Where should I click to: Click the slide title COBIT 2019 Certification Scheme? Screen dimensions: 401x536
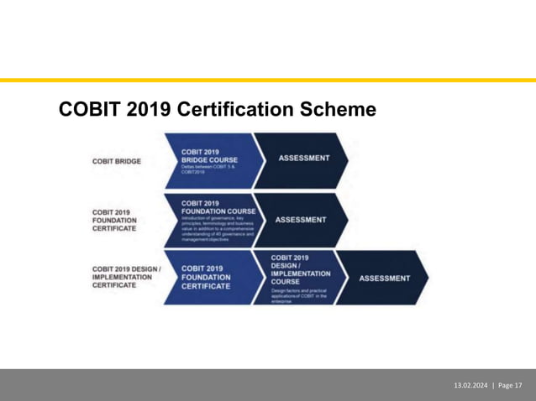tap(217, 111)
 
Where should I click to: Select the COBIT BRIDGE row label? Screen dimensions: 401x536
tap(117, 161)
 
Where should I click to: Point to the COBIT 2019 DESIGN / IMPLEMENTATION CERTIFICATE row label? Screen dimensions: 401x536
tap(126, 277)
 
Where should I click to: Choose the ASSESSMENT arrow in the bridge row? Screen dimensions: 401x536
tap(303, 158)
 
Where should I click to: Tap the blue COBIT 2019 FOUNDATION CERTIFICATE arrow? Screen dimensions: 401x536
tap(207, 278)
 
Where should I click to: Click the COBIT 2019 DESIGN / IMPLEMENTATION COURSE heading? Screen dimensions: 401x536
tap(299, 269)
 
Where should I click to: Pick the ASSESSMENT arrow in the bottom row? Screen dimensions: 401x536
tap(385, 278)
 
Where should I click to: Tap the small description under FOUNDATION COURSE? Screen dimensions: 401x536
tap(217, 228)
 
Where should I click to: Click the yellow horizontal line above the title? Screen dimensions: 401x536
tap(268, 81)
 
